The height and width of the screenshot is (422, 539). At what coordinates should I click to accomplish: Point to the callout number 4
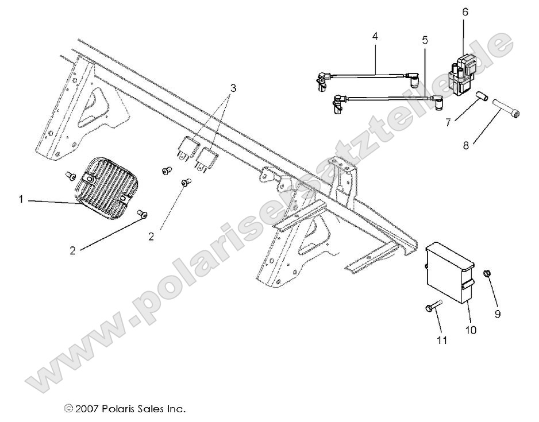375,36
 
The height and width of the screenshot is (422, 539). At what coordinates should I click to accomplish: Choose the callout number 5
425,41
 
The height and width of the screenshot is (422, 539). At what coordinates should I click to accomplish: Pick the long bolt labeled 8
506,110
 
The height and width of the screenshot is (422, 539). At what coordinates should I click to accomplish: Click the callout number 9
498,314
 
